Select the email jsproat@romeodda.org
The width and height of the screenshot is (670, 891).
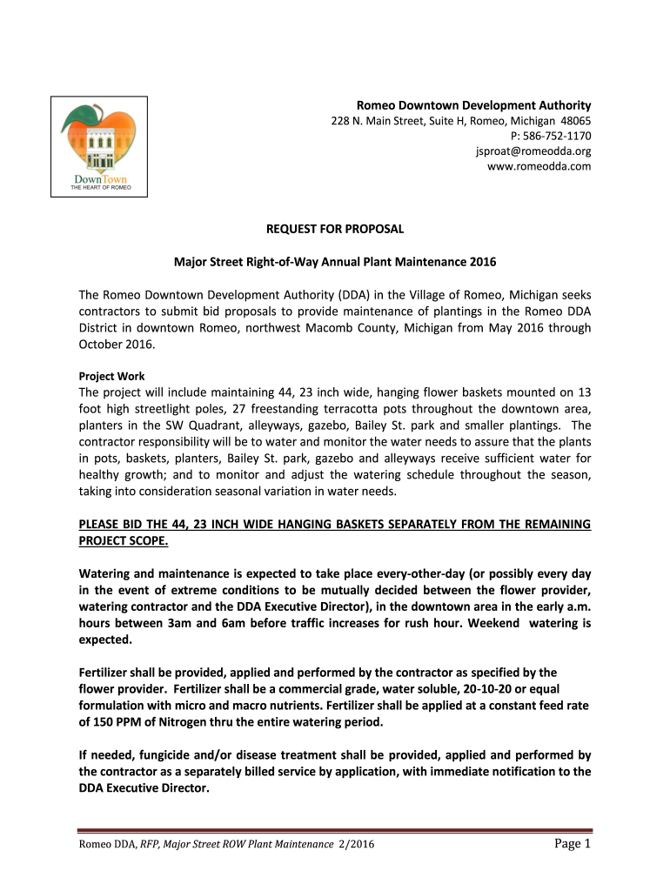click(533, 151)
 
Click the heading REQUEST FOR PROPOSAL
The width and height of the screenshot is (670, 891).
click(335, 230)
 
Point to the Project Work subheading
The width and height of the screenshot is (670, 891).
click(112, 377)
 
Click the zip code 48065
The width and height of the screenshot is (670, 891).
click(577, 121)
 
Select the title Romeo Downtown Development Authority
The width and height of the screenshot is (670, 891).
click(474, 104)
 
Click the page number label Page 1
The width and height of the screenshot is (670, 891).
click(572, 844)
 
